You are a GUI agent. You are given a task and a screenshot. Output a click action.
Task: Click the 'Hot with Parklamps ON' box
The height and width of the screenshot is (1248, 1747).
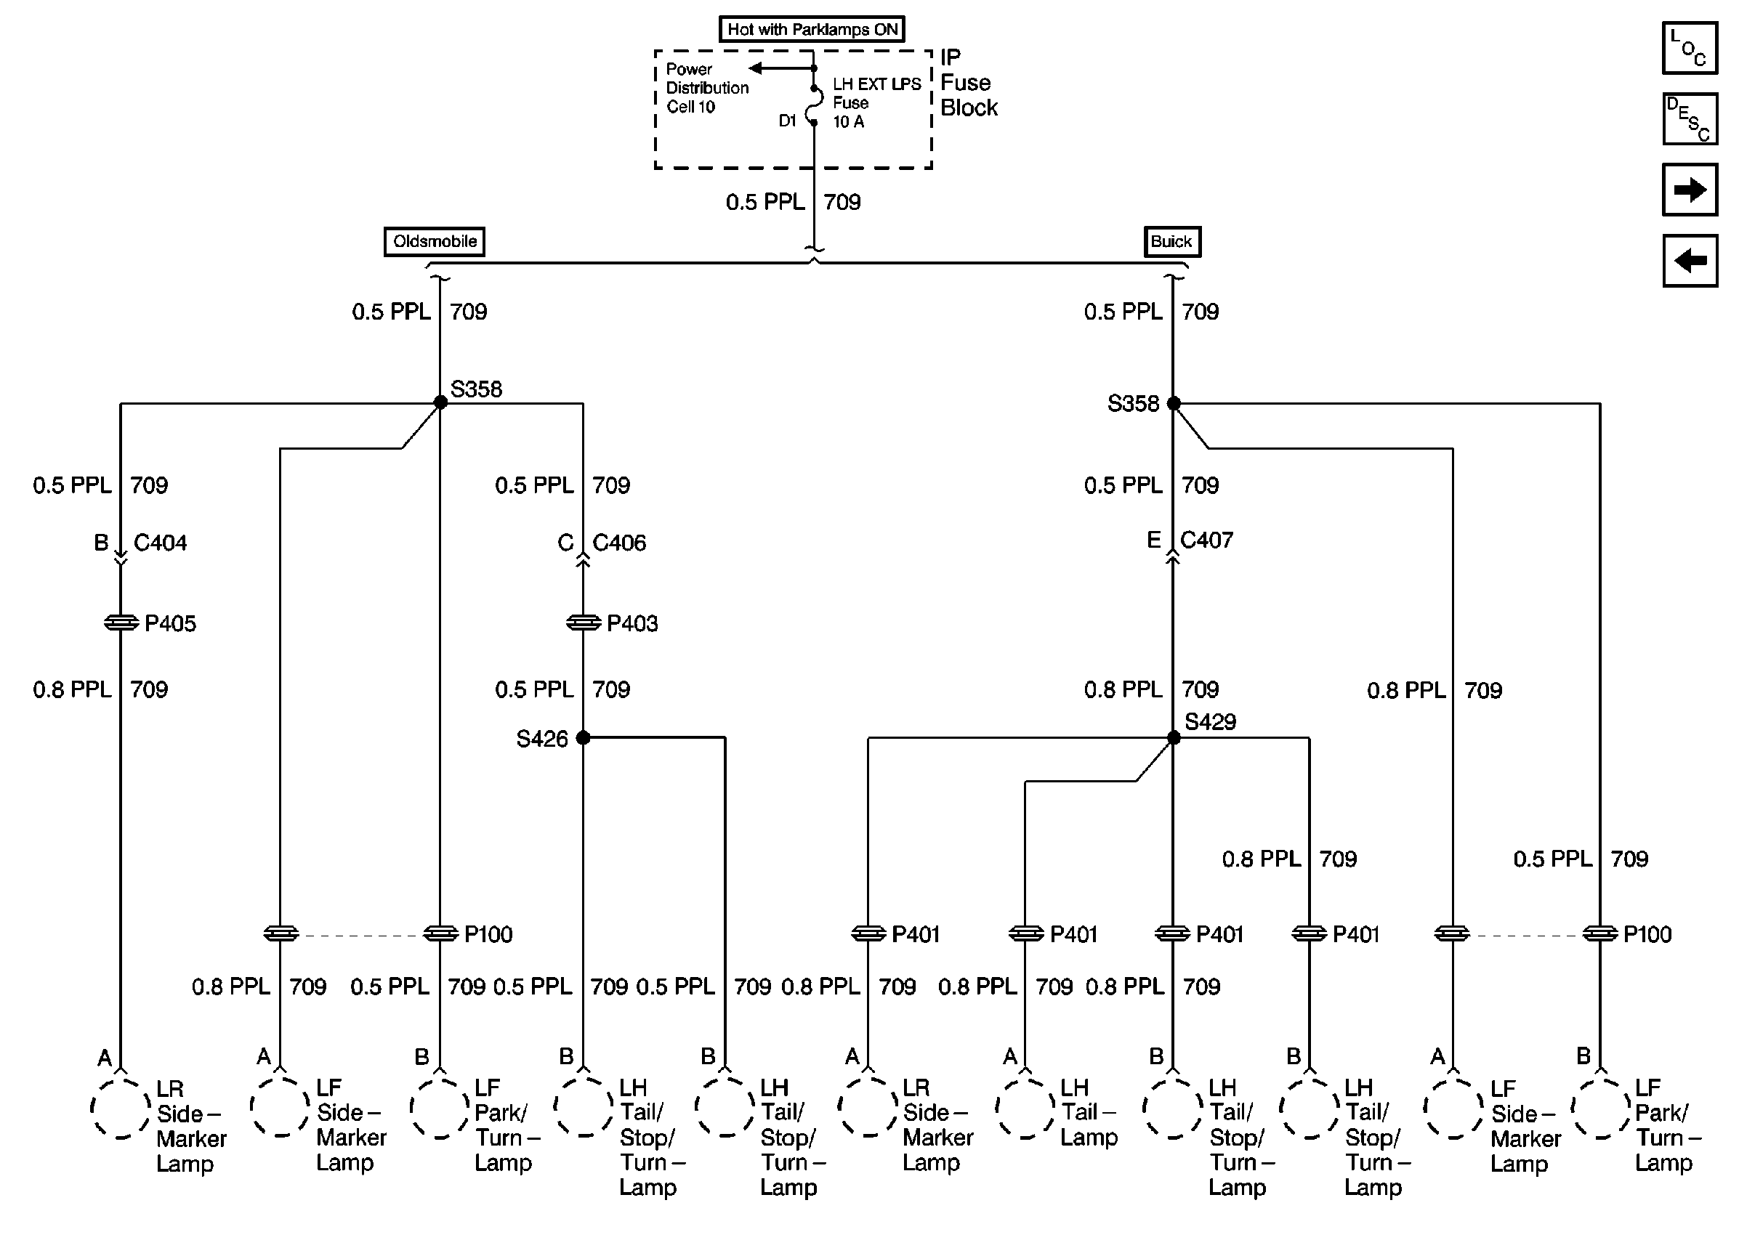click(x=812, y=29)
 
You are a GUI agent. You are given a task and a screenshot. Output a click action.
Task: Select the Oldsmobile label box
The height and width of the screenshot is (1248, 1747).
click(x=435, y=241)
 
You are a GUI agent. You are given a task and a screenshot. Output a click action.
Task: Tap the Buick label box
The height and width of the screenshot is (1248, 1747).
click(x=1171, y=241)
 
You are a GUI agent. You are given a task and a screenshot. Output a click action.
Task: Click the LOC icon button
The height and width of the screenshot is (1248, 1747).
click(x=1689, y=49)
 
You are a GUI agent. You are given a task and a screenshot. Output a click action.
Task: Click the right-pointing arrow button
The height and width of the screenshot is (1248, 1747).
click(x=1689, y=189)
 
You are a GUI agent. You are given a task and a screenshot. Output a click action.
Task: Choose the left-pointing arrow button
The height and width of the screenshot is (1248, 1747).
click(x=1689, y=261)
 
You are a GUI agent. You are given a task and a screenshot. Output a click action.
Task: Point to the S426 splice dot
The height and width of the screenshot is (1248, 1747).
click(x=584, y=738)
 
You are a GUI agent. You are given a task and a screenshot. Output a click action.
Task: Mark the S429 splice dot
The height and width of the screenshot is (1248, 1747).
click(x=1174, y=738)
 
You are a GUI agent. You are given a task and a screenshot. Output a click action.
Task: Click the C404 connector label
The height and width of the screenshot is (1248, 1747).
click(x=160, y=543)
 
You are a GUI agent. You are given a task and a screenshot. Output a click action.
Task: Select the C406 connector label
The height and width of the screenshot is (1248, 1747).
click(x=618, y=543)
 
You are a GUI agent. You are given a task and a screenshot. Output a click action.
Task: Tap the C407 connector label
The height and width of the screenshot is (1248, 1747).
click(x=1206, y=540)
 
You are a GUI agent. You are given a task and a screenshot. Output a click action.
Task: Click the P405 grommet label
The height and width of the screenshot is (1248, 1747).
click(x=170, y=623)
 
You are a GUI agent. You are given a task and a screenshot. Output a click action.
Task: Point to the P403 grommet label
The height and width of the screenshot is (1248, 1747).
click(x=632, y=623)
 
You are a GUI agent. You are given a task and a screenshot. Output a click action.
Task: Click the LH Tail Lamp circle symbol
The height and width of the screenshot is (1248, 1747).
click(x=1025, y=1106)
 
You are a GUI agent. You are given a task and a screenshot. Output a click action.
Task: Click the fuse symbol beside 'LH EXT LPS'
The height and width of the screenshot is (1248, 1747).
click(x=814, y=105)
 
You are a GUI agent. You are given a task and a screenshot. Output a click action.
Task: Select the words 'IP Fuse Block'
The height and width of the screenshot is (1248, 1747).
click(x=968, y=83)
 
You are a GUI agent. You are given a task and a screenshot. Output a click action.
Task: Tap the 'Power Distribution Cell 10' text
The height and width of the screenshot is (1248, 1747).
click(x=706, y=88)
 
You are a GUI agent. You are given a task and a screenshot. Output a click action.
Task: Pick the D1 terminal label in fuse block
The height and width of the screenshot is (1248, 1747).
click(x=787, y=121)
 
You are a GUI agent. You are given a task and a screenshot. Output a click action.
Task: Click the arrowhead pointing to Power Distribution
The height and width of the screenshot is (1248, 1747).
click(x=756, y=68)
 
